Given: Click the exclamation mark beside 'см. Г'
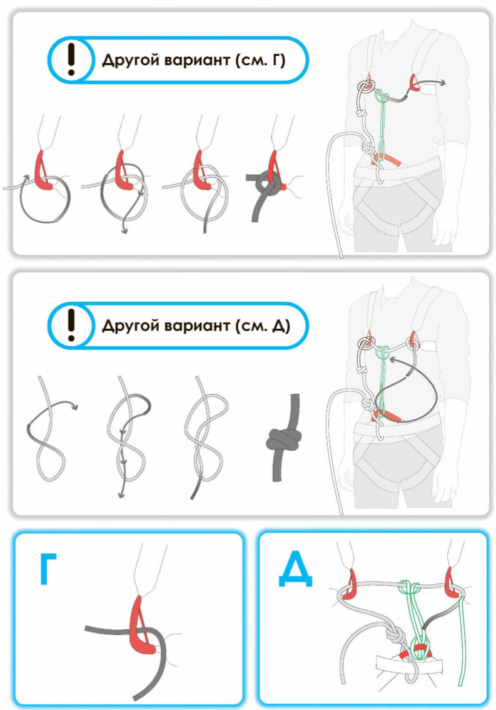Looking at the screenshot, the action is pos(71,59).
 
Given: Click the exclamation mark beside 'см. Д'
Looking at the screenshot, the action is pos(71,325).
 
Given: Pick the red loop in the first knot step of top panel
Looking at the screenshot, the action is pos(43,170).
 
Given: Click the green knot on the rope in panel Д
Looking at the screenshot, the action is pos(411,589).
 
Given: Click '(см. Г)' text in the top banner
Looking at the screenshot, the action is pos(261,60).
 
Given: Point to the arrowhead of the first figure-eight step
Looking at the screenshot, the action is pos(74,406).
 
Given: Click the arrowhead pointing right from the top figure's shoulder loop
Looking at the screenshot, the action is pos(442,82).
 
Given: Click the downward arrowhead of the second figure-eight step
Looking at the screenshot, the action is pos(121,495).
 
